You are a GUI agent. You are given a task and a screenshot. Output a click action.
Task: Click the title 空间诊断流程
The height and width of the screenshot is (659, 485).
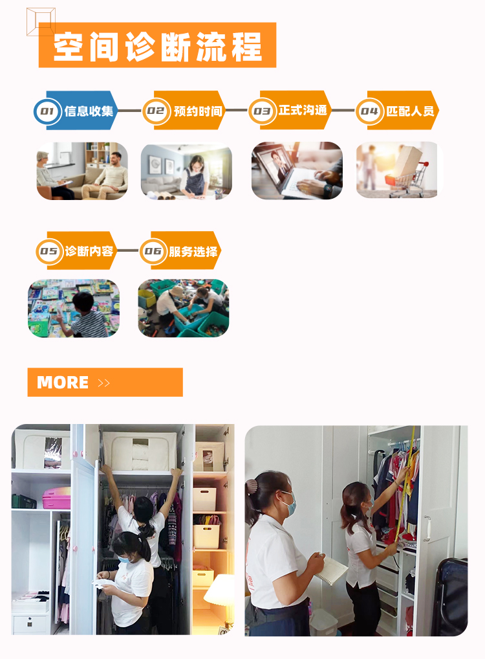pos(158,46)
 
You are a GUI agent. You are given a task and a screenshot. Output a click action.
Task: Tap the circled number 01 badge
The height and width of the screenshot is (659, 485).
pos(47,111)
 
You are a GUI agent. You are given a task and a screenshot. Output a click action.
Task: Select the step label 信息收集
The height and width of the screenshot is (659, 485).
pos(89,111)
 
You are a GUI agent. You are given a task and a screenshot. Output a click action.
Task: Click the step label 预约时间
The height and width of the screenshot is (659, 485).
pos(198,111)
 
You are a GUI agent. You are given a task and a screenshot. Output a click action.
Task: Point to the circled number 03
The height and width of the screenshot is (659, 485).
pos(262,111)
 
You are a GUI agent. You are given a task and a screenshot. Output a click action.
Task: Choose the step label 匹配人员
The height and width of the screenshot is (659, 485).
pos(410,111)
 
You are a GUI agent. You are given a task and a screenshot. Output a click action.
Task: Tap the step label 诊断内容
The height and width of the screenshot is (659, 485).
pos(89,251)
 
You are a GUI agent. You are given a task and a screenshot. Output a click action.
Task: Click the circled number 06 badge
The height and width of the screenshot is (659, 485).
pos(153,251)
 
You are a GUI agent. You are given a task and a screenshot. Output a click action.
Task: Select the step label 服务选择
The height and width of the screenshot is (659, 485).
pos(193,251)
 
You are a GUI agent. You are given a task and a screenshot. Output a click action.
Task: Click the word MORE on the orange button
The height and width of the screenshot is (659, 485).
pos(63,383)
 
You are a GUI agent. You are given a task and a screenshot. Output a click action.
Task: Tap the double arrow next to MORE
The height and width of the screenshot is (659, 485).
pos(103,383)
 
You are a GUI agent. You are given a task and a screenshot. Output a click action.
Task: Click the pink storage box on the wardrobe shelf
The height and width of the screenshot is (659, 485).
pos(56,498)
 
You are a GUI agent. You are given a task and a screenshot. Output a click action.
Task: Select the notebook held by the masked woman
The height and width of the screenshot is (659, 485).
pos(332,570)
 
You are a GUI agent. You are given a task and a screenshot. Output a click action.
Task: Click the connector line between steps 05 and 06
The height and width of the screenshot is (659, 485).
pos(127,251)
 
